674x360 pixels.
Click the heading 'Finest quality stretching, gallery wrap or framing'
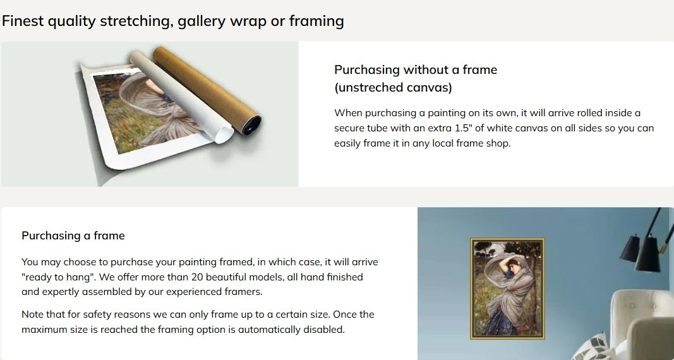[173, 21]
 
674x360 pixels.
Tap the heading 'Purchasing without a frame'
[416, 69]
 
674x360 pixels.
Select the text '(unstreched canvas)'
[394, 88]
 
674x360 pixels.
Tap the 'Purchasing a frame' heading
[73, 236]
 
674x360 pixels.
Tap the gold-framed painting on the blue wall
[507, 289]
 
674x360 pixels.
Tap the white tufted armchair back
[640, 314]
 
